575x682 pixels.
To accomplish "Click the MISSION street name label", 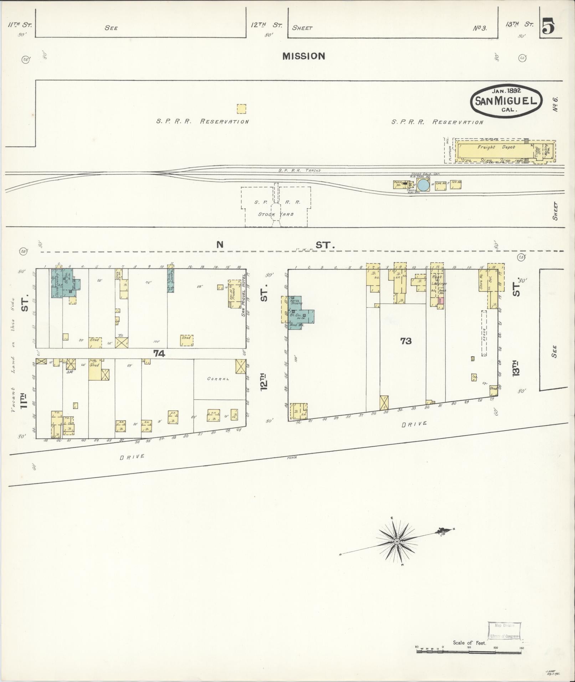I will [304, 56].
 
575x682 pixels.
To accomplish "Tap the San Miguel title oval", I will [506, 100].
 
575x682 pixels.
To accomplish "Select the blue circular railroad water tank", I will [423, 185].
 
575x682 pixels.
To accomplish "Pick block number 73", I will [406, 341].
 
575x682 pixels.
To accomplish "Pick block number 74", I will [159, 353].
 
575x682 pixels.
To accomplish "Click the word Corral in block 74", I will [218, 379].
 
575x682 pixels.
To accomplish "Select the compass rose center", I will [396, 552].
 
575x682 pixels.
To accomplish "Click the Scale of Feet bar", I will [469, 651].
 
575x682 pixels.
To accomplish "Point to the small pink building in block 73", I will [441, 301].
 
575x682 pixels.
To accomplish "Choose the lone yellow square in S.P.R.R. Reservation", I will [241, 109].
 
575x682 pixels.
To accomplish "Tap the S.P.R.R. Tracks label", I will [299, 170].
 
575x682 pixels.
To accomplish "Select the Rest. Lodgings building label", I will [437, 280].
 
